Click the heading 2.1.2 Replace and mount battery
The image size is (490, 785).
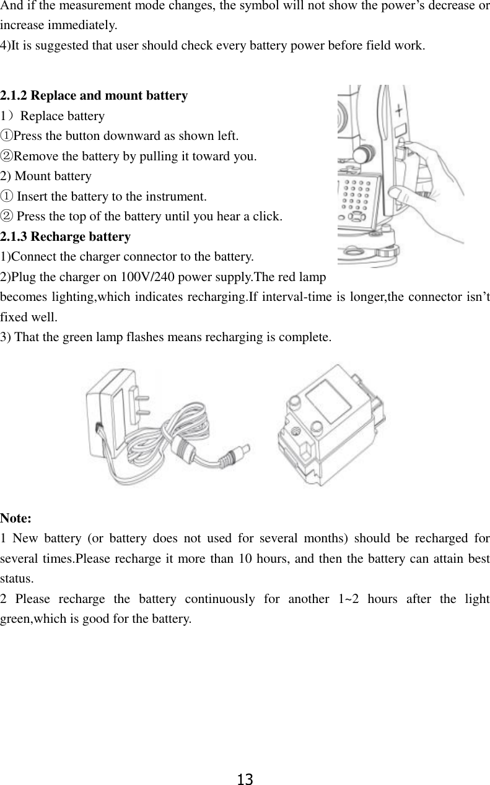point(94,96)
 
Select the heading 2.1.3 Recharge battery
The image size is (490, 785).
point(66,236)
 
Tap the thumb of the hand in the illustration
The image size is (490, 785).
point(401,196)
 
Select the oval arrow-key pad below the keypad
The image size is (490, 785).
point(356,217)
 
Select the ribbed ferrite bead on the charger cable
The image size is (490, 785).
point(184,449)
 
